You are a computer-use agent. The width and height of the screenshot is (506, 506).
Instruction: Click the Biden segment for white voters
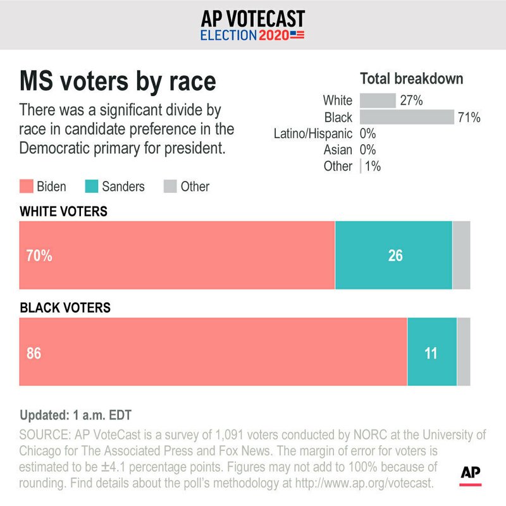(177, 256)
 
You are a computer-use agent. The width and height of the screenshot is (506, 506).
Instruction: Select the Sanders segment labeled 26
(393, 256)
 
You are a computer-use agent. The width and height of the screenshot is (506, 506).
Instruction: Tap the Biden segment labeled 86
(213, 352)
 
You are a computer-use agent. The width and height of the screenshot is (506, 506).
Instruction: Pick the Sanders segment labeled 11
(431, 352)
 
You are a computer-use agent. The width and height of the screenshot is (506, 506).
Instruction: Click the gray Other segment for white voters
(461, 256)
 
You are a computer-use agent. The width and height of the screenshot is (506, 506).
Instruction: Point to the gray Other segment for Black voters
(464, 352)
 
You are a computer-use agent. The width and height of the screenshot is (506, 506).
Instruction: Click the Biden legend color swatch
(27, 187)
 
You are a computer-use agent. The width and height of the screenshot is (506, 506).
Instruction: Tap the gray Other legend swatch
(170, 187)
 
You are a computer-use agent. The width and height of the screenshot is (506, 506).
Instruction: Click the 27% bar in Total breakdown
(378, 101)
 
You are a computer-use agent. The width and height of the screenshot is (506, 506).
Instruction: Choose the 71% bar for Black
(407, 117)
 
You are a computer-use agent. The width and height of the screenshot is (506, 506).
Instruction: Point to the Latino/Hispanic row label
(313, 133)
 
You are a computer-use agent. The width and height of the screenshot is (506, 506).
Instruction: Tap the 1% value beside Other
(373, 166)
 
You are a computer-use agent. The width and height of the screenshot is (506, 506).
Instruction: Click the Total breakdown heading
(411, 79)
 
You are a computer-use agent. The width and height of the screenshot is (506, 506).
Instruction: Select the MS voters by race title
(118, 82)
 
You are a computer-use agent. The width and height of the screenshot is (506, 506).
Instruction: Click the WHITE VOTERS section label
(64, 211)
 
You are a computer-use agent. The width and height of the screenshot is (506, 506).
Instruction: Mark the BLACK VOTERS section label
(66, 308)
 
